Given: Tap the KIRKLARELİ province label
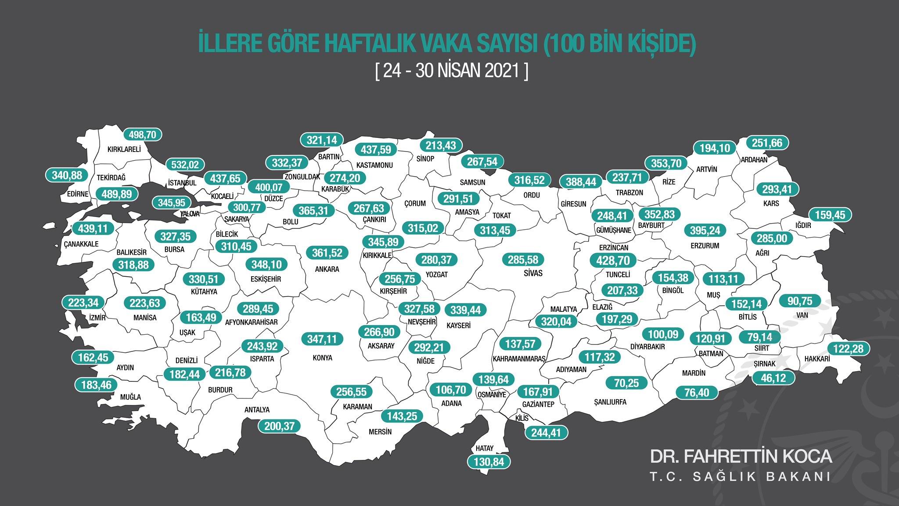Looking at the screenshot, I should coord(124,149).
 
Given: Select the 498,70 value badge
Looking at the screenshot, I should coord(143,134).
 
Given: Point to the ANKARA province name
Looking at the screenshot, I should coord(327,269).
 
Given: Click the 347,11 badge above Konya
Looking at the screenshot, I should coord(322,339).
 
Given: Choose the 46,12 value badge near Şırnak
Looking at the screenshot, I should coord(773,378).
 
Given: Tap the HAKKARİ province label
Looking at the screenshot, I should coord(817,359).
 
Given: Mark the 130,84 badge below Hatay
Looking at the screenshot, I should coord(489,462).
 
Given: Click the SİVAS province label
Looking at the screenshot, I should coord(533,273).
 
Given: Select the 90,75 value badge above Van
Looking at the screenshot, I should coord(800,301).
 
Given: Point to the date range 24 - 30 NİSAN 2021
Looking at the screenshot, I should coord(452,70).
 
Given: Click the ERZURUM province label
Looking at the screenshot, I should coord(705,246).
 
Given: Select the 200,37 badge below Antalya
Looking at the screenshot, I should coord(279,426).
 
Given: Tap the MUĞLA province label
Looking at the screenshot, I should coord(130,397).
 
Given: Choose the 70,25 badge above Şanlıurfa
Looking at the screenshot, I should coord(626,383).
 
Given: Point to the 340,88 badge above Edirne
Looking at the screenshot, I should coord(67,175).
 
